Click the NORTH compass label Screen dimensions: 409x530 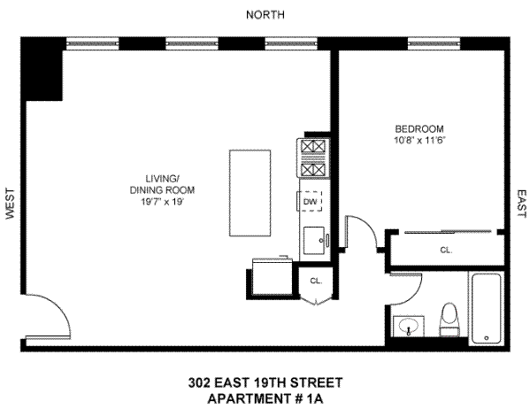coord(265,14)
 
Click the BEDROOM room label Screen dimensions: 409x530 coord(419,128)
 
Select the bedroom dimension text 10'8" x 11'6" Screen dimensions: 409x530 coord(419,140)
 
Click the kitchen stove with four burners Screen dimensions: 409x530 coord(312,158)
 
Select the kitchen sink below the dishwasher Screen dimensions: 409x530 coord(314,237)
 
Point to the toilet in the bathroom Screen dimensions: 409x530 coord(450,320)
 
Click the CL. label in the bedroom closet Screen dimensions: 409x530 coord(446,251)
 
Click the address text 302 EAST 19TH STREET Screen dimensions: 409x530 coord(265,383)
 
